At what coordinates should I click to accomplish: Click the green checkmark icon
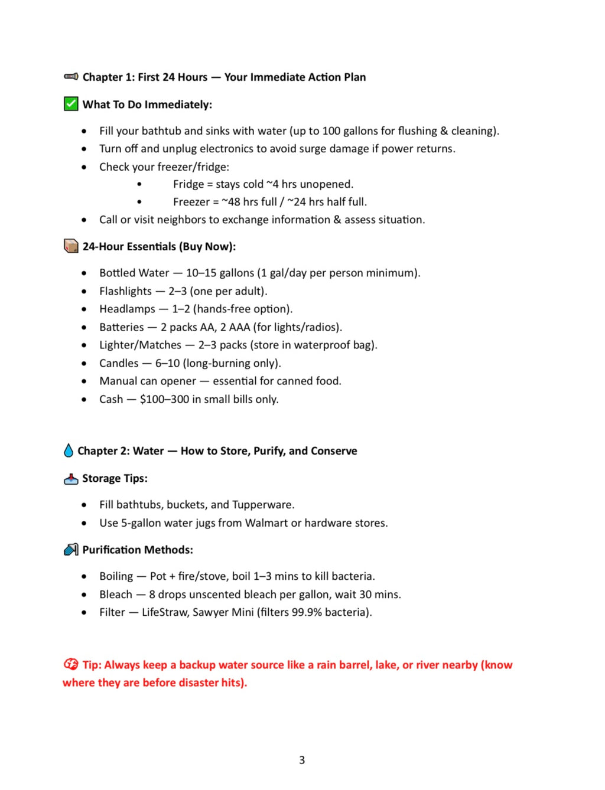71,104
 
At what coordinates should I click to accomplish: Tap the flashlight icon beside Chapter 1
71,76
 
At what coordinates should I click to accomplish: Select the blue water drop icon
69,451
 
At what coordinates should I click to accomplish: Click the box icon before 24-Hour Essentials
71,246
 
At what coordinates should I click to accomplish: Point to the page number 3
302,760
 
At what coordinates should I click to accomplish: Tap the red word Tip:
92,665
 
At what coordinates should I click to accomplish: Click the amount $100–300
164,399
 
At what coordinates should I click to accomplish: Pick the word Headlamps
127,309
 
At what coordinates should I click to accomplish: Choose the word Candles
119,363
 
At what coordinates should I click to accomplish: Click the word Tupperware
262,504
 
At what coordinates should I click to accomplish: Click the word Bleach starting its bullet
116,594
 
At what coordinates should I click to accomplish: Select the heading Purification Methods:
138,550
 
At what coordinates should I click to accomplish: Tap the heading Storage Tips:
115,478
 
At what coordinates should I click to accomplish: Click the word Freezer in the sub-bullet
191,202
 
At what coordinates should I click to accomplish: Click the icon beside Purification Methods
71,550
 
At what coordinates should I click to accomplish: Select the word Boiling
116,576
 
